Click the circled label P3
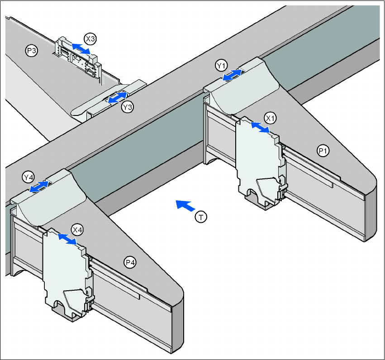[31, 51]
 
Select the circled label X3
[90, 39]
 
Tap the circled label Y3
[128, 107]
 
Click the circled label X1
[271, 118]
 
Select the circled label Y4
[28, 176]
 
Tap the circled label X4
[78, 230]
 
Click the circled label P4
[130, 262]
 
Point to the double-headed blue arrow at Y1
[232, 75]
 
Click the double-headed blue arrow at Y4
[39, 187]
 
